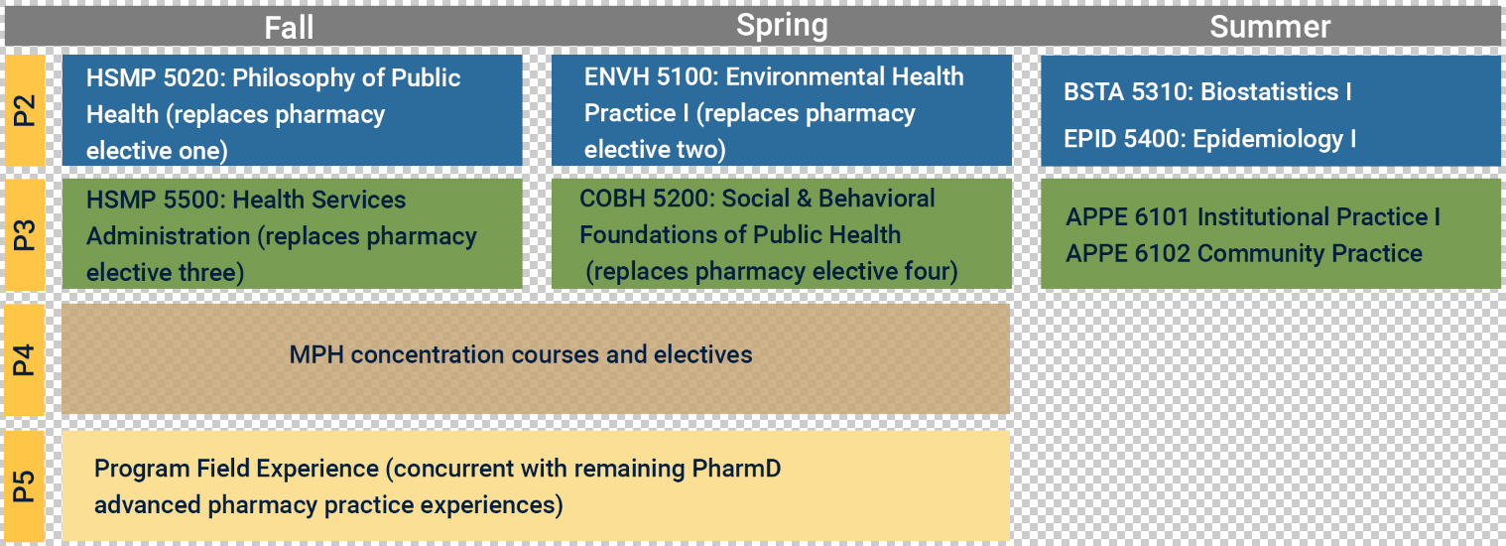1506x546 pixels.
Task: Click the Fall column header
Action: pos(289,28)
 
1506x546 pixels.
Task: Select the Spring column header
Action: pos(782,26)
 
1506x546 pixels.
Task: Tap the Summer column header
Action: pos(1270,27)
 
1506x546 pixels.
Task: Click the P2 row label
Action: pos(24,110)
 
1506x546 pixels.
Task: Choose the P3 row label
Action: pos(24,234)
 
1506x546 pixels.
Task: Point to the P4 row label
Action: pos(24,359)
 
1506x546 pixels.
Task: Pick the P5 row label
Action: pos(24,486)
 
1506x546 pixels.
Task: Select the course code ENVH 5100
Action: pos(651,76)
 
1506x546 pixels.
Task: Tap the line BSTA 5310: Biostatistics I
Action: pos(1207,91)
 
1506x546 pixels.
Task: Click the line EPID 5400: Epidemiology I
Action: pos(1209,139)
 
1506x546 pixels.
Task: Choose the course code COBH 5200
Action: pos(647,199)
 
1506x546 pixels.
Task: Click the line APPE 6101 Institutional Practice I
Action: pos(1253,216)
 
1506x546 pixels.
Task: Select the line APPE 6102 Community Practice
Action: pos(1244,253)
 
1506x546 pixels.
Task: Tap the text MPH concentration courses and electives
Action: pos(521,354)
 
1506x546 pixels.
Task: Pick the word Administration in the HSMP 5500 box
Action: pos(168,236)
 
